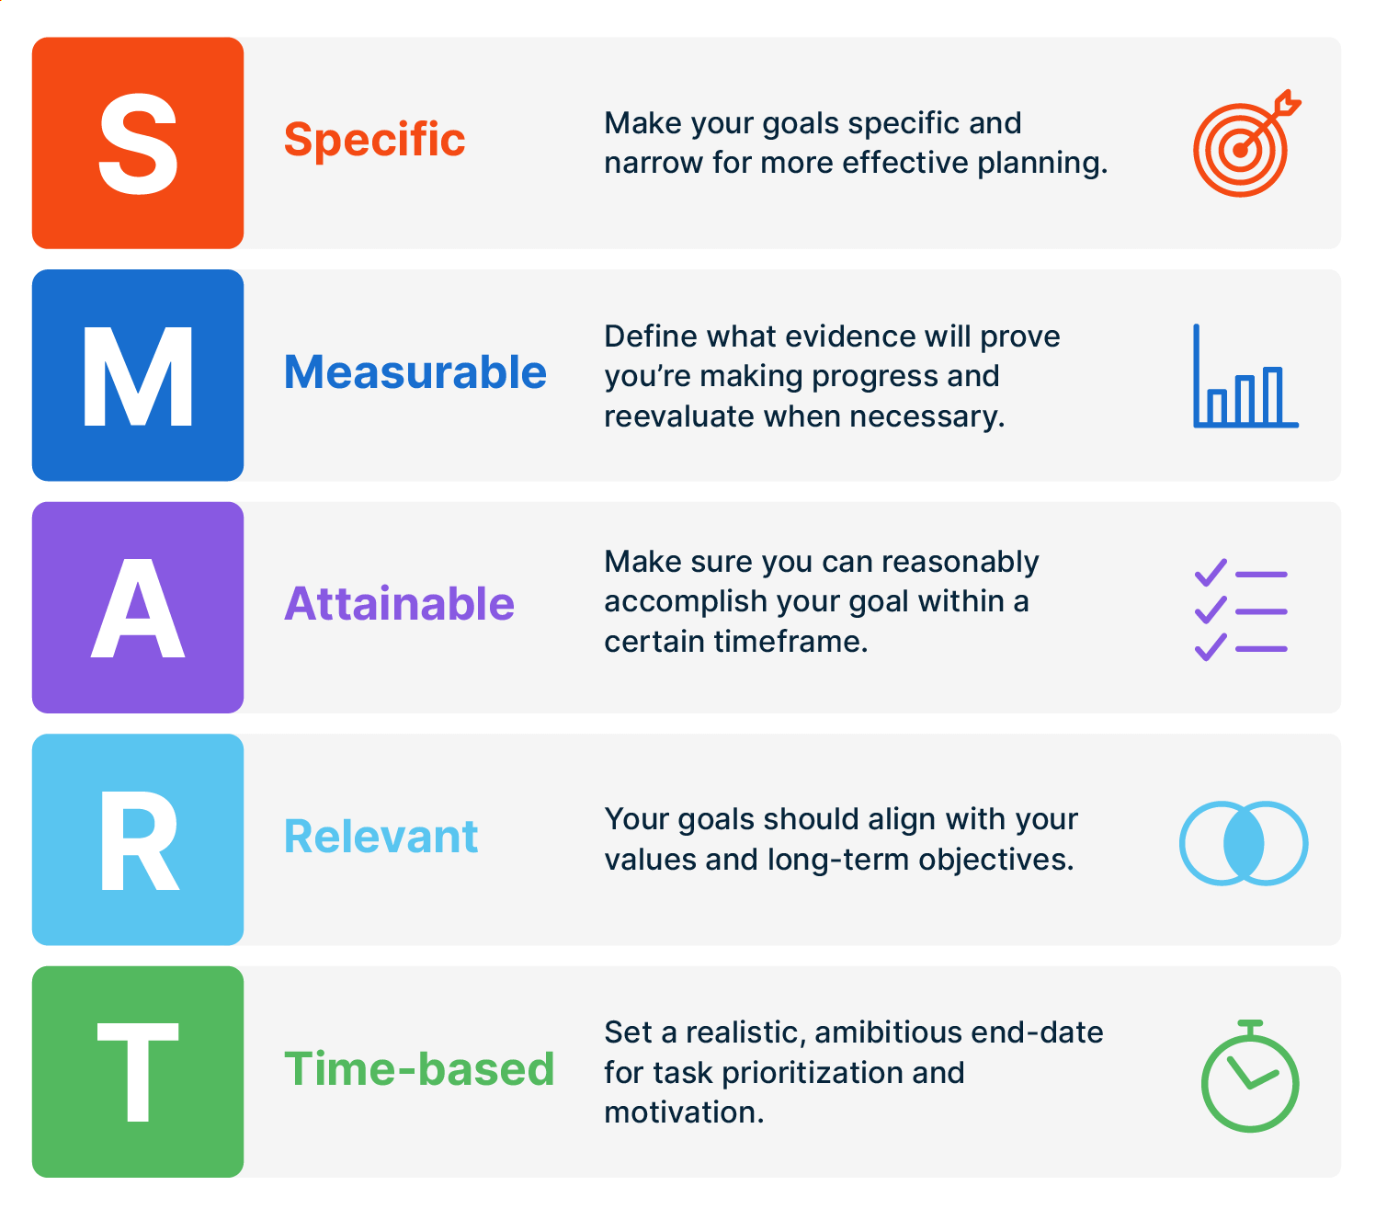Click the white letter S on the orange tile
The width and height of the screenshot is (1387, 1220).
pos(138,143)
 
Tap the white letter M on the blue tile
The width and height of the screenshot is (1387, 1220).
pos(138,375)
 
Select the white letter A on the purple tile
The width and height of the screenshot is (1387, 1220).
pos(138,608)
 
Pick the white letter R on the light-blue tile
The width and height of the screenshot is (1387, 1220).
pos(140,839)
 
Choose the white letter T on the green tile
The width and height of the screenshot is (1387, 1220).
pos(138,1072)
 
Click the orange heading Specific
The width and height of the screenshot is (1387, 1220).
pos(374,141)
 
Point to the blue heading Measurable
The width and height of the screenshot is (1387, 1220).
pos(415,372)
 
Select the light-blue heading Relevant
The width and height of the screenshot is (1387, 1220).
pos(381,837)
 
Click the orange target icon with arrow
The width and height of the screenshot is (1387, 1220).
pos(1246,143)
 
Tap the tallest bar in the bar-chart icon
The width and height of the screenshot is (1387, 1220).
pos(1272,395)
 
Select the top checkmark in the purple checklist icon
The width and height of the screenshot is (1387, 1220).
pos(1210,573)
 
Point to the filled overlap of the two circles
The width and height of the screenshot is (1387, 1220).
pos(1244,842)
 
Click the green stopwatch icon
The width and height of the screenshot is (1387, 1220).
pos(1250,1076)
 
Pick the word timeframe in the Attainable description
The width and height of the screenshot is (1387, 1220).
pos(790,641)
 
